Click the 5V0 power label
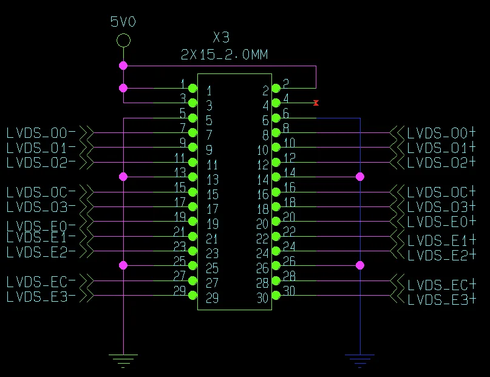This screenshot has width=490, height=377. click(x=123, y=22)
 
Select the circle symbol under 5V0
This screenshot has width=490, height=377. click(x=123, y=41)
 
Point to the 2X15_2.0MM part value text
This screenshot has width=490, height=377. click(x=224, y=55)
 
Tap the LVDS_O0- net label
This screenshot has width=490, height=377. click(x=41, y=132)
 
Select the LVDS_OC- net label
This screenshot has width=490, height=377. click(x=41, y=192)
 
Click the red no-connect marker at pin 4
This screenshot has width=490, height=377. click(x=316, y=103)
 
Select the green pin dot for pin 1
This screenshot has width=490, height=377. click(x=193, y=88)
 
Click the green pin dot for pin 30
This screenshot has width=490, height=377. click(x=276, y=296)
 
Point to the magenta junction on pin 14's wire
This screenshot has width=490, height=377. click(x=359, y=177)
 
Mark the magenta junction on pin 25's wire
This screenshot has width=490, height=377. click(x=123, y=265)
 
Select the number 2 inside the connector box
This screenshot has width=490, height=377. click(x=265, y=91)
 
